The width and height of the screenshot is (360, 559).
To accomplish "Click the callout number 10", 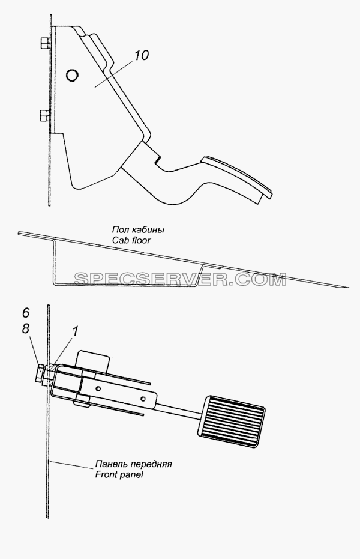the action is [142, 56].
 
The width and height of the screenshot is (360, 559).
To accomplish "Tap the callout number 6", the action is [26, 313].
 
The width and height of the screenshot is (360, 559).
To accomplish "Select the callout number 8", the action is [26, 328].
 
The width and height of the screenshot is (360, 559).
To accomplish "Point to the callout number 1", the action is [75, 331].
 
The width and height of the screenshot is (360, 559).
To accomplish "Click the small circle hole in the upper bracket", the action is [72, 75].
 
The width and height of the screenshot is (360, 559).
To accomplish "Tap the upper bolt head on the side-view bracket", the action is [44, 44].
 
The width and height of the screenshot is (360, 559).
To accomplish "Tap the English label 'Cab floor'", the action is [131, 240].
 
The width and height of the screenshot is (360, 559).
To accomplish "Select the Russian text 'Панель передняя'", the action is [134, 464].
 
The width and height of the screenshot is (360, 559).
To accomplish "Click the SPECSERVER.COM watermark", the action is [180, 279].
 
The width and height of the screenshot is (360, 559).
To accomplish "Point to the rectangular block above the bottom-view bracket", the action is [93, 358].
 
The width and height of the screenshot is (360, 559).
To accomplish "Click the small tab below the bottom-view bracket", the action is [82, 403].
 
